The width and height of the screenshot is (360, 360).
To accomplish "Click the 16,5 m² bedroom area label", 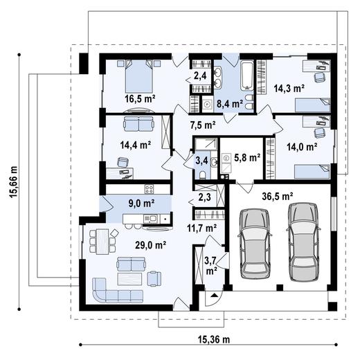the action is (140, 99).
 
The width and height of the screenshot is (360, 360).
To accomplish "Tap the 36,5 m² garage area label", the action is (278, 197).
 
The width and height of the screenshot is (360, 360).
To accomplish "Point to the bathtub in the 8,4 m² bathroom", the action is (247, 75).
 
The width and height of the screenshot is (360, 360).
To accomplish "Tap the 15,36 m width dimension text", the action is (214, 339).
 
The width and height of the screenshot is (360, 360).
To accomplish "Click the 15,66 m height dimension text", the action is (14, 182).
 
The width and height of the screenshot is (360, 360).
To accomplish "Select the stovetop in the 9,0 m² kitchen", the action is (149, 189).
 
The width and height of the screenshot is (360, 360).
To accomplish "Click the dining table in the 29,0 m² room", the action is (102, 242).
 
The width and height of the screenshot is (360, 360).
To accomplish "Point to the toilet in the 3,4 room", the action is (203, 174).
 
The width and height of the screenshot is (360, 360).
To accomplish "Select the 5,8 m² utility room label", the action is (247, 158).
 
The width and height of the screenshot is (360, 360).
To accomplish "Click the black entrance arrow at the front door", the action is (214, 295).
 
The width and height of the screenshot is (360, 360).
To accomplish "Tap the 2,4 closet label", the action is (200, 75).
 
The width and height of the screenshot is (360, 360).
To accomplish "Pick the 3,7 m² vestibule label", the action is (211, 267).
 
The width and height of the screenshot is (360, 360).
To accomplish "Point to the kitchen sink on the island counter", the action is (150, 218).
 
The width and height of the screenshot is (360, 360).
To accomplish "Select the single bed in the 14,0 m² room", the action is (312, 171).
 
